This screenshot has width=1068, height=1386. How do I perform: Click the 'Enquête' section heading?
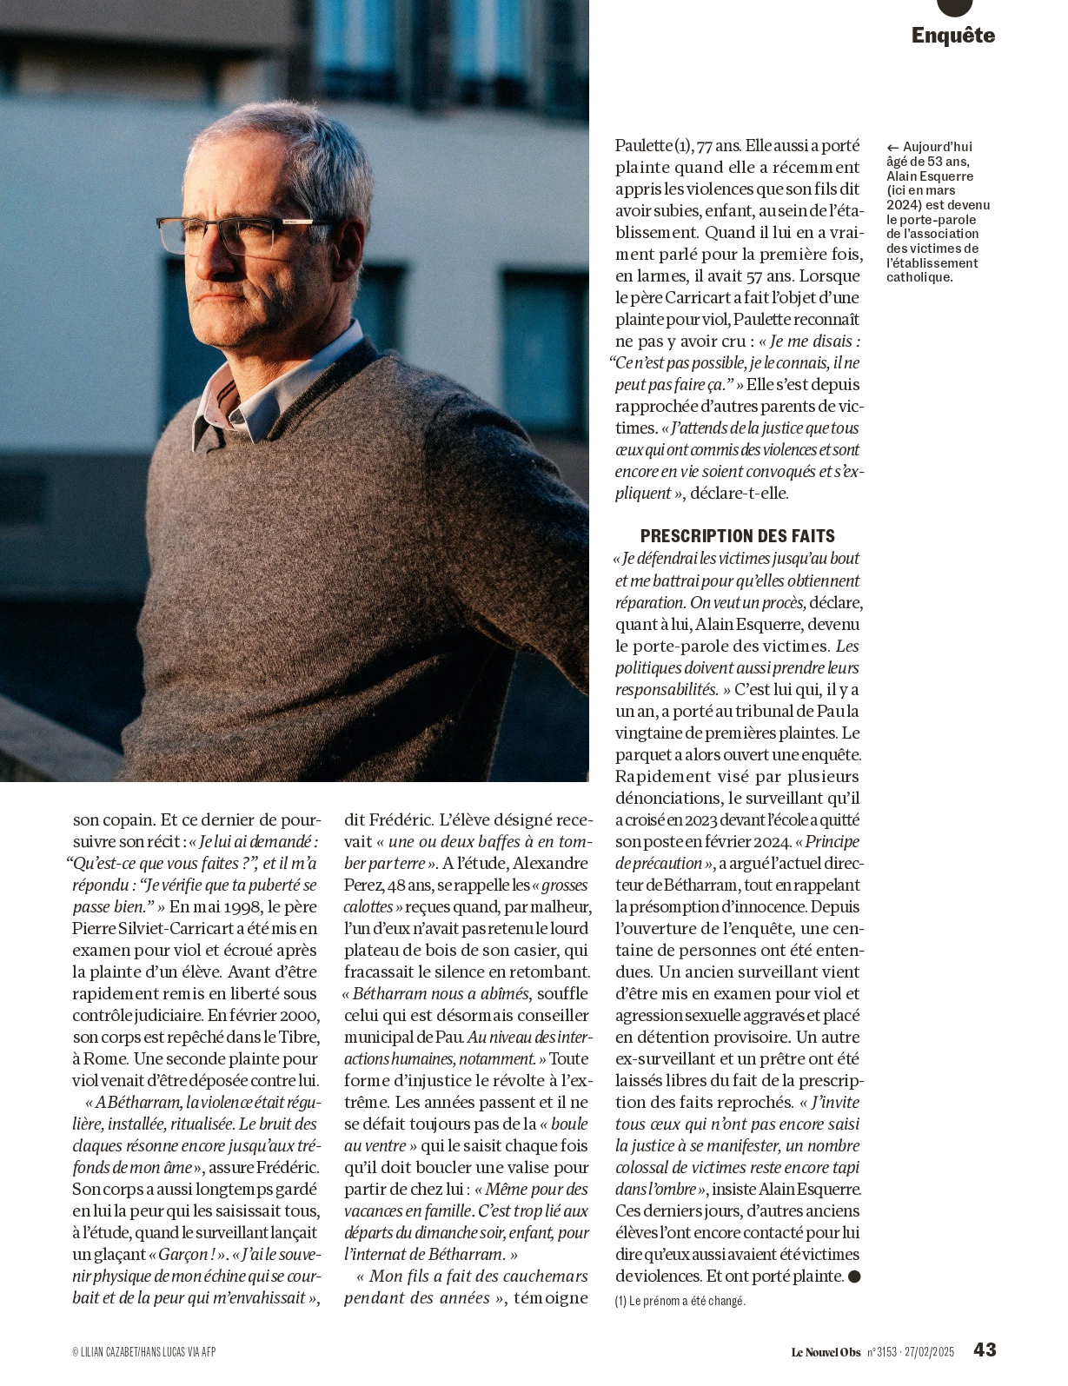952,36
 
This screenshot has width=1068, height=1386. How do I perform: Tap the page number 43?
985,1350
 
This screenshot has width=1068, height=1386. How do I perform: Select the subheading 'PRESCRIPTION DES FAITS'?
737,536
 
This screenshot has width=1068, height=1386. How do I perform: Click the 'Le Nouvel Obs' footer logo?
826,1351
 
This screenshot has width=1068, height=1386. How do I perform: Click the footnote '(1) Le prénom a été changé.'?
680,1301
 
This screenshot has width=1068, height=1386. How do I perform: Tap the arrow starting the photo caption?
892,148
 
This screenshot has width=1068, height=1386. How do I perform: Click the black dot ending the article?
854,1277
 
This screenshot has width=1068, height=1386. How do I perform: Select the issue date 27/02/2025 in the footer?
929,1351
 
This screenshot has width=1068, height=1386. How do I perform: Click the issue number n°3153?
881,1351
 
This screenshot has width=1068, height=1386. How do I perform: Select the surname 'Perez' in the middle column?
364,885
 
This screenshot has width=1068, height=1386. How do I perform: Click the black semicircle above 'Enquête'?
954,7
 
